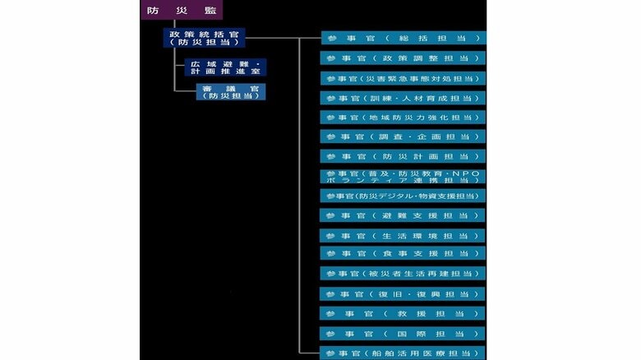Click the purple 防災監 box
182,10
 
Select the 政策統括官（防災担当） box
204,38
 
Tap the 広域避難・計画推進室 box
225,67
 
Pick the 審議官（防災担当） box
231,92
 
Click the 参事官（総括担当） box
404,38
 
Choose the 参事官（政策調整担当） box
403,58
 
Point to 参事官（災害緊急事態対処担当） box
403,78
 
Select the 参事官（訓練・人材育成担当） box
403,98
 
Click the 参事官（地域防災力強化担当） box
403,118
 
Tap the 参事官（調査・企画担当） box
403,136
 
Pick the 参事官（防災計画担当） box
403,156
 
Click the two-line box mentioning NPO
403,177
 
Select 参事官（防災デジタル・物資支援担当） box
403,196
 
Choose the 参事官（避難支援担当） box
403,215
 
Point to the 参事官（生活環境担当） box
403,236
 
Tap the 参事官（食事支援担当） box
403,253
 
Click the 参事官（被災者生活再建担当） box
403,273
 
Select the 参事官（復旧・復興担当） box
403,293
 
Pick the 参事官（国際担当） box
403,334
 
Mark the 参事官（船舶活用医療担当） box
403,353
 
